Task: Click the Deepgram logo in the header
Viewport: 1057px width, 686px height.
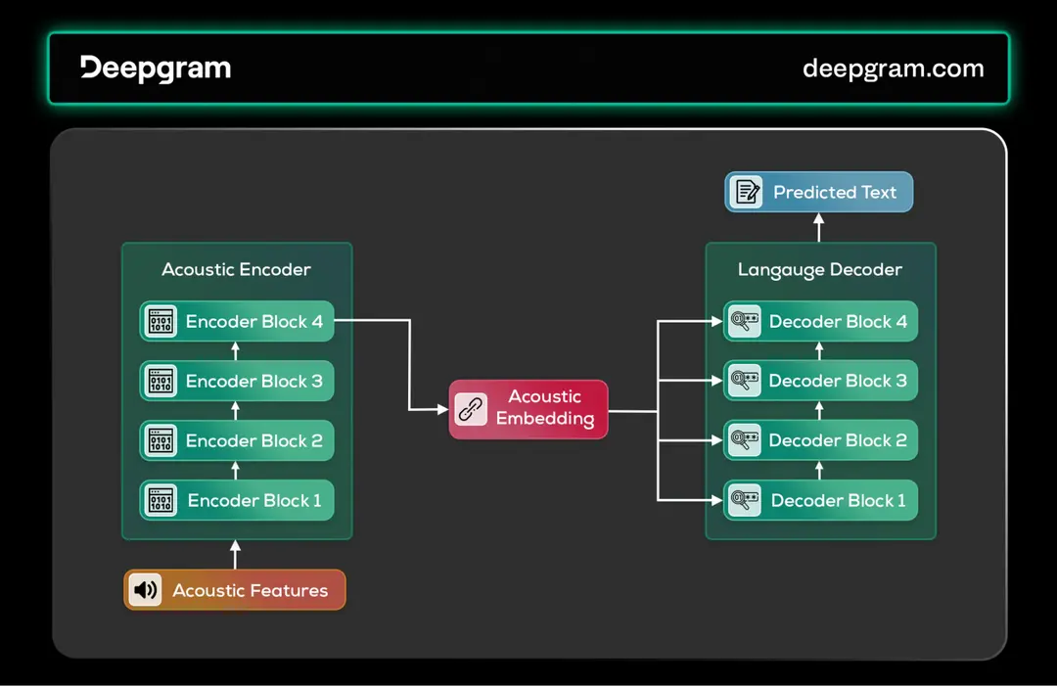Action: pos(156,68)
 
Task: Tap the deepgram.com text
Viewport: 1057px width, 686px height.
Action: pos(893,69)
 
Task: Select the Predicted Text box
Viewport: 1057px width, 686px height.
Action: pos(818,192)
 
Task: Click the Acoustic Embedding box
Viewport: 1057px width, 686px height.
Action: pos(528,409)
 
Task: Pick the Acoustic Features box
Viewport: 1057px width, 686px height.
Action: pos(235,590)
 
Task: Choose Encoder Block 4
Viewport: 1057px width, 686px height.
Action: pos(237,321)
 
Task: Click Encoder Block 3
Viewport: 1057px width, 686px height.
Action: pos(237,381)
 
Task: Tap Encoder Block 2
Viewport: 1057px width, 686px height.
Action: pos(237,440)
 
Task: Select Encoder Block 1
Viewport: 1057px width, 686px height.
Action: pos(237,500)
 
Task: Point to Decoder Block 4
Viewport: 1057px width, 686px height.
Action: pos(820,321)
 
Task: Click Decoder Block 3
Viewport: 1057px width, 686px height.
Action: pos(820,381)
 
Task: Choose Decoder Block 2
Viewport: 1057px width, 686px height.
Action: pos(820,440)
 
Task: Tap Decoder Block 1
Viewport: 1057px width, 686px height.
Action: pos(820,500)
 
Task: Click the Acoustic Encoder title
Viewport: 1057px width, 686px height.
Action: pos(236,269)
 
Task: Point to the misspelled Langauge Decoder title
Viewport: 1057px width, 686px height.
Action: pos(820,269)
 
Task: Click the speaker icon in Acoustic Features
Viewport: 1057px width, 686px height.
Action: pos(145,590)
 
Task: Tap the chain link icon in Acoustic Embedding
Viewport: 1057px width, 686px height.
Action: pos(472,409)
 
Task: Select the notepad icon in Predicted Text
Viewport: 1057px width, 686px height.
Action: pos(748,192)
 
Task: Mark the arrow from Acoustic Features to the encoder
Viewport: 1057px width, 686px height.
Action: pos(235,554)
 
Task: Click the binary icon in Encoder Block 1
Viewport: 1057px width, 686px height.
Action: pos(161,500)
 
